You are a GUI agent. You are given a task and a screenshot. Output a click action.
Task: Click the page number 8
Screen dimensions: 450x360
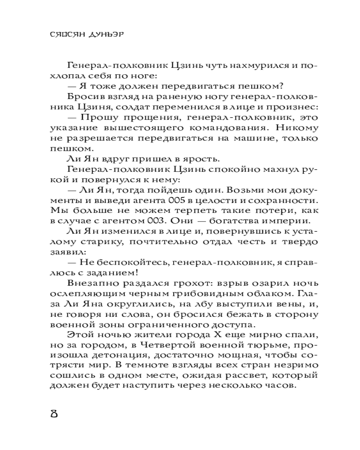54,414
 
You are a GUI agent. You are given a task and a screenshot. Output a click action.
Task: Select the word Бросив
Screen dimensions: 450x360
83,97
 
